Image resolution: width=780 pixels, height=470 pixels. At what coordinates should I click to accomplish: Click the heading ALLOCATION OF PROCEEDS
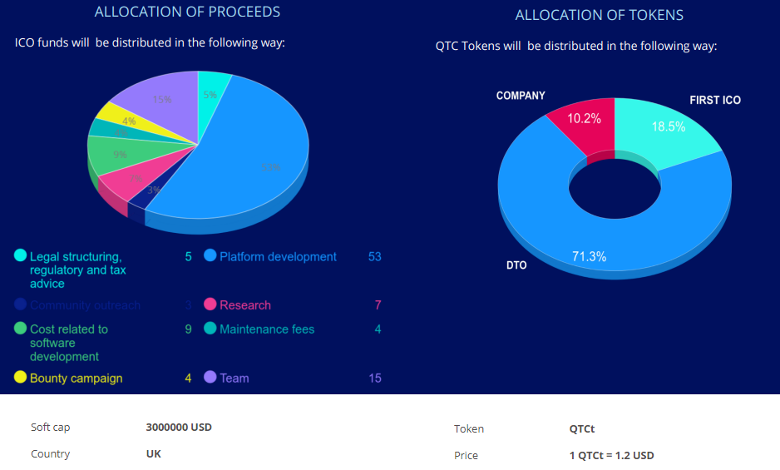(x=187, y=12)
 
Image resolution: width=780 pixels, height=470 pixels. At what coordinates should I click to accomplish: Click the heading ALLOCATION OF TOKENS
(x=599, y=15)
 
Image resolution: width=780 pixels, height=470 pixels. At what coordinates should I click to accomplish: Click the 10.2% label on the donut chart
(x=584, y=119)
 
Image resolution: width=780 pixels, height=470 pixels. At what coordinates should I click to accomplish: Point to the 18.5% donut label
(x=668, y=127)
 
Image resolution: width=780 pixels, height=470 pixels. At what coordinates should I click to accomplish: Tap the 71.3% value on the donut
(x=589, y=257)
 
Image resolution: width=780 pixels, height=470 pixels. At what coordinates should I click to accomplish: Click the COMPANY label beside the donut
(x=521, y=96)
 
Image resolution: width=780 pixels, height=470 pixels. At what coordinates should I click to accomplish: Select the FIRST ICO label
(x=715, y=100)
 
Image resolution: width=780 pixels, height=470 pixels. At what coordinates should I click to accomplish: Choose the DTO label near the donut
(x=516, y=266)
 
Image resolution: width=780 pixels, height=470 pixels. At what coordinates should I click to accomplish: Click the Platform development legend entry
(x=278, y=257)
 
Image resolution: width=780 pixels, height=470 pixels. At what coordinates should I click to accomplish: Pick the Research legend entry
(x=245, y=305)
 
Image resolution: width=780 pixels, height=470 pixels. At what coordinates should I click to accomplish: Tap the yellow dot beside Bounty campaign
(x=21, y=378)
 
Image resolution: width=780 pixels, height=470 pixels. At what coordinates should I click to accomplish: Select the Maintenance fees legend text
(x=267, y=329)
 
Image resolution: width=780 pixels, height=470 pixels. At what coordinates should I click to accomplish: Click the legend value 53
(x=374, y=257)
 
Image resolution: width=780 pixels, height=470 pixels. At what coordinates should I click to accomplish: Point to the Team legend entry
(x=234, y=378)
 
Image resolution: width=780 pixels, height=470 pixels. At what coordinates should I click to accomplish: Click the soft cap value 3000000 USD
(x=179, y=428)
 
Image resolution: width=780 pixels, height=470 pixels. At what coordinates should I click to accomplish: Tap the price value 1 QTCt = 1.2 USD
(x=611, y=456)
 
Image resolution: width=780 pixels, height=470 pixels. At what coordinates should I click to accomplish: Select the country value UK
(x=154, y=454)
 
